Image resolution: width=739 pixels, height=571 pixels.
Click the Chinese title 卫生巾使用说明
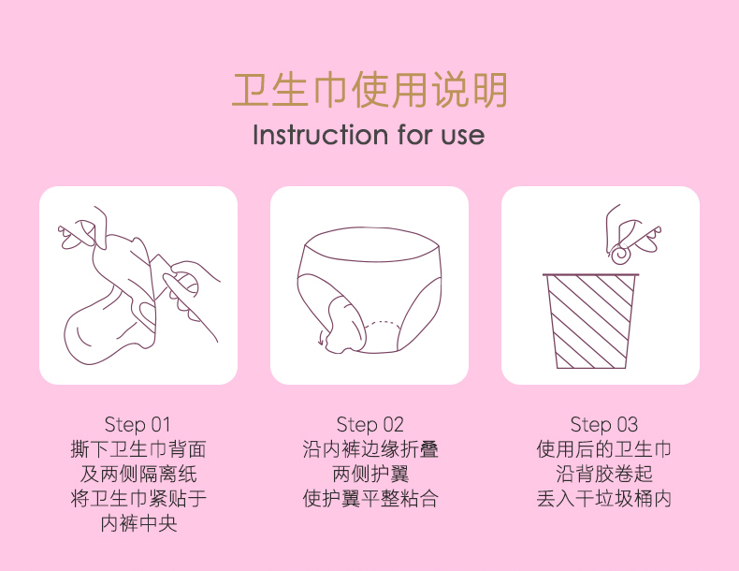click(x=369, y=89)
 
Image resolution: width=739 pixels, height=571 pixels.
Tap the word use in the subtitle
click(x=463, y=136)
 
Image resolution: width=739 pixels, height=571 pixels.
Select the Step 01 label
click(x=138, y=424)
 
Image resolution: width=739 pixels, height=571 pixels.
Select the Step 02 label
click(x=370, y=424)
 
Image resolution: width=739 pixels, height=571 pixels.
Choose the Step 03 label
click(x=603, y=424)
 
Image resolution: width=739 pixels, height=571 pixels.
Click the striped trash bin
click(x=591, y=321)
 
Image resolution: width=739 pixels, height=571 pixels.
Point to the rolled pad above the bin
click(x=621, y=255)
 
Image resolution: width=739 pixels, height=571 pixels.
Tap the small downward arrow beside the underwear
click(x=322, y=339)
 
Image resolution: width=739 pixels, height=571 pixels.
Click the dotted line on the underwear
click(x=383, y=323)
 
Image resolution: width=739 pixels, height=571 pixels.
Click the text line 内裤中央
click(x=139, y=523)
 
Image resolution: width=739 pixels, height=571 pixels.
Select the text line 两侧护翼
click(x=370, y=474)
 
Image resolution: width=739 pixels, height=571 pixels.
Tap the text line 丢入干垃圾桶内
click(x=603, y=499)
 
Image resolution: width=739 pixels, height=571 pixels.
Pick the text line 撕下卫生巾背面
click(x=138, y=449)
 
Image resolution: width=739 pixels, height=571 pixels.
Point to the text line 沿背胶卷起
click(x=603, y=474)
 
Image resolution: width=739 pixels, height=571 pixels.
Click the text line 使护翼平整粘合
click(x=370, y=499)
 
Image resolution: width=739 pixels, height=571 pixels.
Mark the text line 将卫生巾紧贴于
click(x=138, y=499)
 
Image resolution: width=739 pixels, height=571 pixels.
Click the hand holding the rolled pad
click(x=631, y=231)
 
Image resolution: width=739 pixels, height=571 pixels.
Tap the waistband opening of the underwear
click(x=372, y=244)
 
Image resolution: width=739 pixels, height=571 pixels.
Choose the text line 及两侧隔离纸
click(x=138, y=474)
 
